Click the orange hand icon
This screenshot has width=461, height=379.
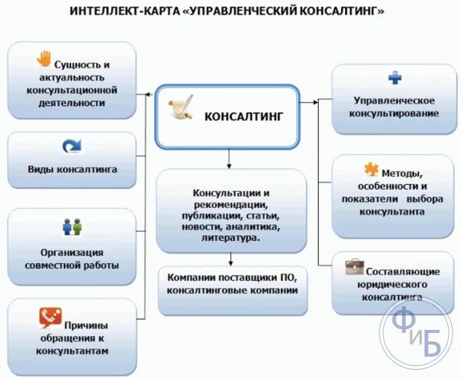tap(44, 58)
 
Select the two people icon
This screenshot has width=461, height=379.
tap(71, 227)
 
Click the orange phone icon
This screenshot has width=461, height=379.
tap(49, 315)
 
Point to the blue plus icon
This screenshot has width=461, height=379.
tap(394, 77)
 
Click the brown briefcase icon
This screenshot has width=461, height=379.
tap(354, 266)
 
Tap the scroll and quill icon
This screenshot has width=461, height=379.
tap(181, 108)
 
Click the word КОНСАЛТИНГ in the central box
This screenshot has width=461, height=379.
tap(244, 117)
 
